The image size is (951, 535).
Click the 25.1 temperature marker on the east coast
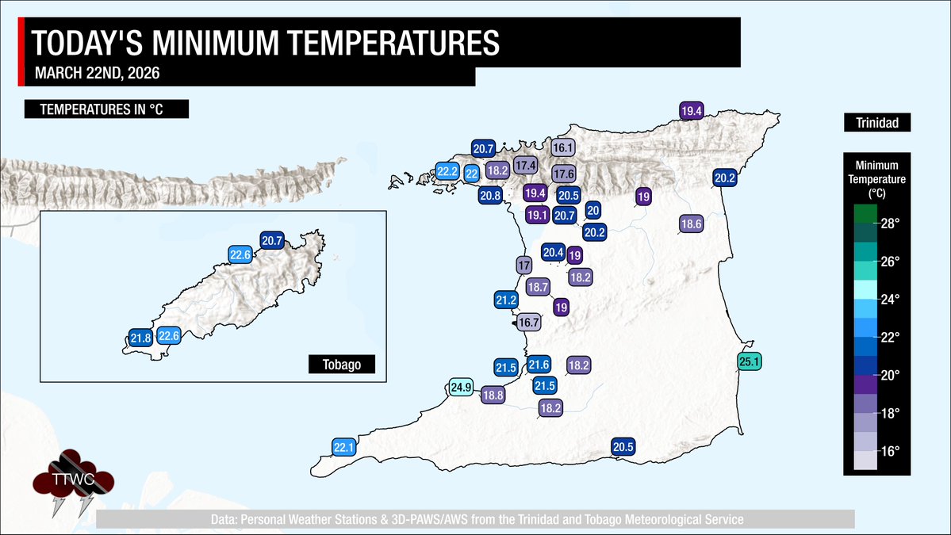(x=750, y=363)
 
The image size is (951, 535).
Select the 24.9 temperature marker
(x=461, y=388)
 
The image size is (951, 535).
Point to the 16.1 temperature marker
(x=562, y=147)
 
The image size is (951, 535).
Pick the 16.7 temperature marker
(x=528, y=323)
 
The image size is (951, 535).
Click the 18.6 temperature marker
(x=691, y=224)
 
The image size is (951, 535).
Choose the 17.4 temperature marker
(x=524, y=166)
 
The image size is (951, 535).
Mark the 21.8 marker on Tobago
(x=141, y=338)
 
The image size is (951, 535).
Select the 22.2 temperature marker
(x=447, y=170)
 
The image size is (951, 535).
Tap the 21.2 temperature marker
(x=506, y=300)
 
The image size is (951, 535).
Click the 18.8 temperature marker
(x=493, y=395)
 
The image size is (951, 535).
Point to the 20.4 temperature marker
(x=553, y=253)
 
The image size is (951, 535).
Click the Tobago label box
(x=341, y=365)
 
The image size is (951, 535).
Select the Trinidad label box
(x=876, y=124)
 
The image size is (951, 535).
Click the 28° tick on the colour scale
(x=889, y=224)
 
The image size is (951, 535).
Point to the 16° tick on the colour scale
(x=889, y=451)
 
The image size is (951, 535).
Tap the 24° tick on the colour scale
(x=889, y=300)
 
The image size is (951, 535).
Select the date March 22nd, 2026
(x=100, y=75)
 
